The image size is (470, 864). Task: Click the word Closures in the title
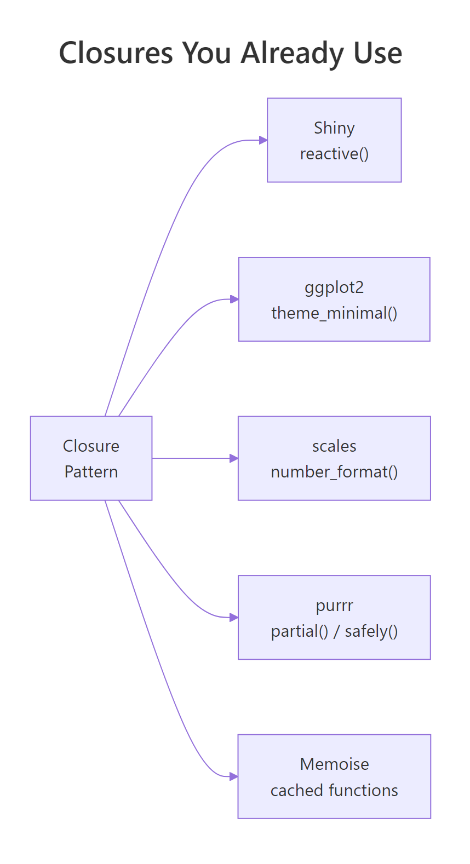[116, 53]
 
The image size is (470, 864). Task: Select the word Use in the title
[377, 53]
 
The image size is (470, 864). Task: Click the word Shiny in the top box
[334, 128]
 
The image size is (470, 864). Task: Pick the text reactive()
[334, 154]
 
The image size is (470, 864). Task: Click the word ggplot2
[334, 287]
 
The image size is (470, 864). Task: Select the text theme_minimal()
[334, 313]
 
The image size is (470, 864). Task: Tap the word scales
[334, 446]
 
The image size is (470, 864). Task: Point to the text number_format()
[334, 472]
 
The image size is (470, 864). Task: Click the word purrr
[334, 606]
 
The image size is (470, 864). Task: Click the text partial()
[299, 631]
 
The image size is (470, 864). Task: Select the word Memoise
[334, 764]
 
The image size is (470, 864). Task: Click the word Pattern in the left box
[91, 472]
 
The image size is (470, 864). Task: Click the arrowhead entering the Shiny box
[263, 140]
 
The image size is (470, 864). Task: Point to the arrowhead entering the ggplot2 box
[234, 299]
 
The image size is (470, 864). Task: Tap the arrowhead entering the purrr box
[234, 618]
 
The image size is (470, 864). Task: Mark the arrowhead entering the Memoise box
[234, 776]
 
